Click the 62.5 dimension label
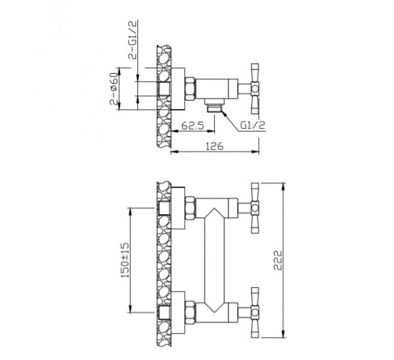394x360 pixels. [x=192, y=125]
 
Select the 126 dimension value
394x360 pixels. [x=214, y=146]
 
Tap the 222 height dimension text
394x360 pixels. [x=278, y=260]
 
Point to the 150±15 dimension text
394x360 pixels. [x=125, y=260]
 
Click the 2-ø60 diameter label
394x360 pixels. [x=114, y=89]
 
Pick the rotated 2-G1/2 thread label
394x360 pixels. [x=133, y=40]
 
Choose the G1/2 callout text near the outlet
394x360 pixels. [x=253, y=125]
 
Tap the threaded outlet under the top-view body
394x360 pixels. [x=213, y=105]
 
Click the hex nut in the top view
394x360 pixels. [x=190, y=89]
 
